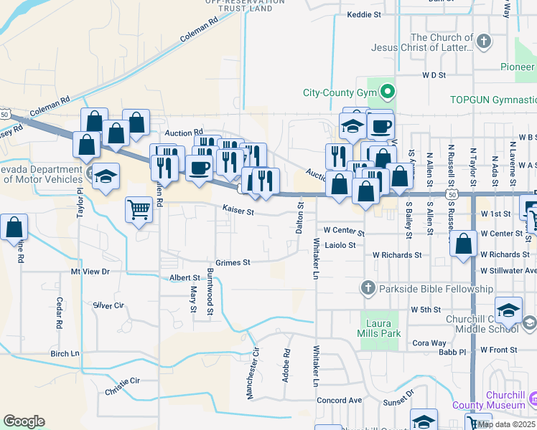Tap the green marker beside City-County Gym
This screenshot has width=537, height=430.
pyautogui.click(x=388, y=92)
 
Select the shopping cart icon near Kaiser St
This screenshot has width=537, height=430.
pyautogui.click(x=139, y=210)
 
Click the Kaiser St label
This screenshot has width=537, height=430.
pyautogui.click(x=238, y=211)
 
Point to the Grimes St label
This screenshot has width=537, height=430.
pyautogui.click(x=233, y=262)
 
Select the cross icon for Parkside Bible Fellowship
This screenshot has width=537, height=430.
pyautogui.click(x=368, y=288)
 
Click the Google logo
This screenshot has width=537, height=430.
pyautogui.click(x=24, y=421)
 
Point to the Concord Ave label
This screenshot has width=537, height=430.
pyautogui.click(x=340, y=400)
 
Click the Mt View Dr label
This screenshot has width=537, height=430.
pyautogui.click(x=90, y=272)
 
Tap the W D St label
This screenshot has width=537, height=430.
pyautogui.click(x=434, y=74)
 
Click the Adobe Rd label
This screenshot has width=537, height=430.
pyautogui.click(x=286, y=365)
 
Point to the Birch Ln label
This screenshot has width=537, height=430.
pyautogui.click(x=65, y=353)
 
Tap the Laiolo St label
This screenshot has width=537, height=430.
pyautogui.click(x=340, y=245)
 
